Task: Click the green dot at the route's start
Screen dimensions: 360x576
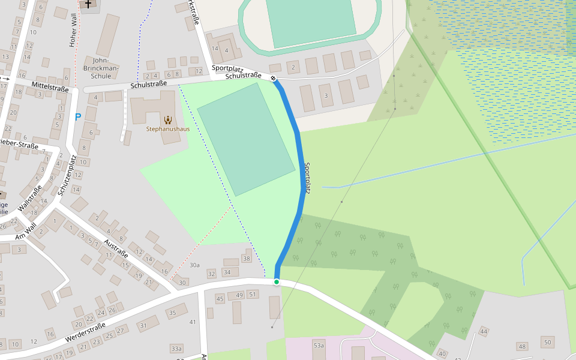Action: pyautogui.click(x=277, y=282)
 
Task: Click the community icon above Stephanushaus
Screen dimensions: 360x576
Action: pyautogui.click(x=167, y=119)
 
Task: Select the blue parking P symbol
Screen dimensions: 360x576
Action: pyautogui.click(x=77, y=117)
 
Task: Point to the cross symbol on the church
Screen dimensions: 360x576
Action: pyautogui.click(x=88, y=4)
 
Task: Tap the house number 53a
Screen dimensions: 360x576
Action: pyautogui.click(x=319, y=345)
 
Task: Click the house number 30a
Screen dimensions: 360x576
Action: pyautogui.click(x=194, y=265)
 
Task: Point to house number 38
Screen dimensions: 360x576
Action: pyautogui.click(x=246, y=259)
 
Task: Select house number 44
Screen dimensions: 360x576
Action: pyautogui.click(x=484, y=332)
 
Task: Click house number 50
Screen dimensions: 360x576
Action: pyautogui.click(x=547, y=343)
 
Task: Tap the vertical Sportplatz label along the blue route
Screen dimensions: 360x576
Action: pyautogui.click(x=307, y=178)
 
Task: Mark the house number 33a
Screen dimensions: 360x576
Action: pyautogui.click(x=176, y=348)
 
